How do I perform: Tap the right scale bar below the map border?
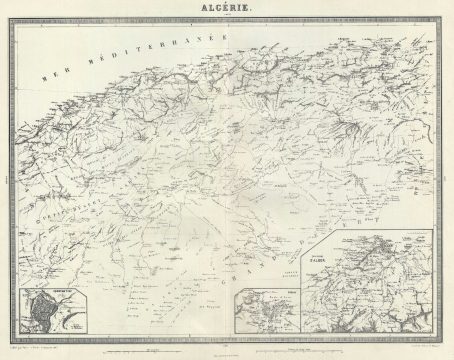(x=296, y=348)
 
